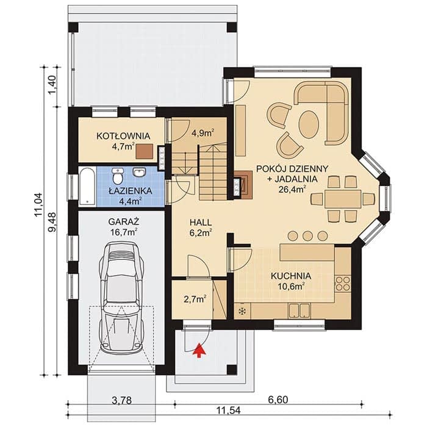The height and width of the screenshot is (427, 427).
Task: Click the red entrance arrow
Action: [199, 350]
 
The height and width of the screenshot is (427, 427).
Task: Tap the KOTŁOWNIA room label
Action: [123, 136]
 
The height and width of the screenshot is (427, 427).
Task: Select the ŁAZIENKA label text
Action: [131, 191]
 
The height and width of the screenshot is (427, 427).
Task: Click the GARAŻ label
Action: [124, 221]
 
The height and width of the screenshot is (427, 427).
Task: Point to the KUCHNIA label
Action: [291, 276]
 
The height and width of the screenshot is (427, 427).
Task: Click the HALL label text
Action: [201, 222]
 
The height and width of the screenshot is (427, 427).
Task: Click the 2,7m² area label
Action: [195, 299]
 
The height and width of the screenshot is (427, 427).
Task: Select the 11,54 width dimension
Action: [228, 418]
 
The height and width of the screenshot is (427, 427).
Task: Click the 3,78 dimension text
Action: [121, 401]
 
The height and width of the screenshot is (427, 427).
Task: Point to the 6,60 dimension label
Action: [278, 400]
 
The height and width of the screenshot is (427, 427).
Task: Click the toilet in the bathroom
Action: [118, 176]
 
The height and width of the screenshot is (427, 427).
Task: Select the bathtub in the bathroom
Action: [87, 187]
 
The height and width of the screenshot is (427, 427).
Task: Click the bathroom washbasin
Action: [139, 172]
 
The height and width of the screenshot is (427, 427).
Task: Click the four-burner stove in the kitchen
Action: [343, 284]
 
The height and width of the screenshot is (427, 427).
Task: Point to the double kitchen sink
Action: [300, 310]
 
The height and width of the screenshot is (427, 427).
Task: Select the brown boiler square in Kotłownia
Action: [145, 152]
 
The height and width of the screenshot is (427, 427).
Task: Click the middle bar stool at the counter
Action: [307, 236]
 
